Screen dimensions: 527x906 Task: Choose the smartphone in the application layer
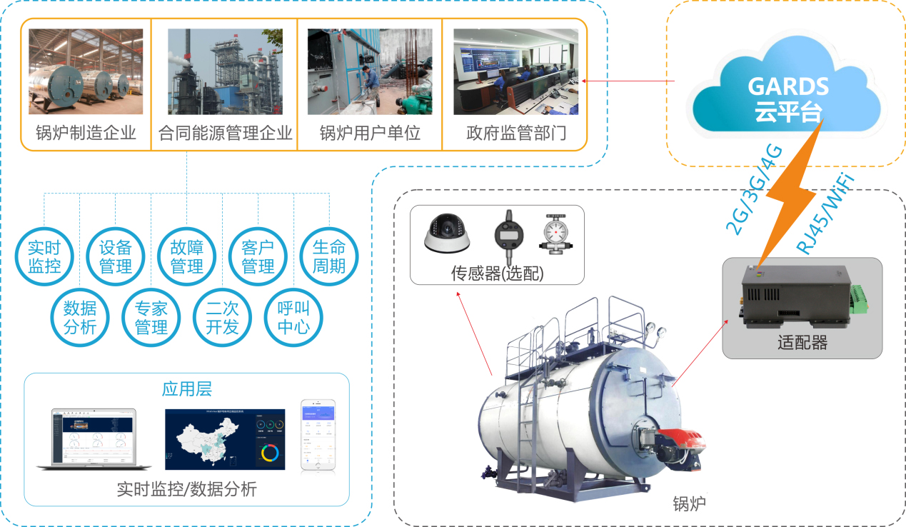pos(317,434)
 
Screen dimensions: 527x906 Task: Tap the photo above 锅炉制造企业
pos(86,71)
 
